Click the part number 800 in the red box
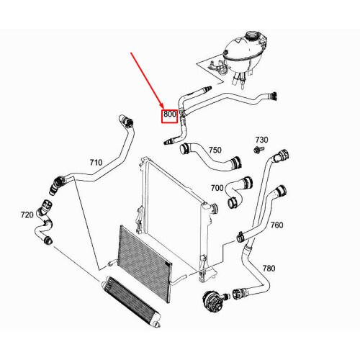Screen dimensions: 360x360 pyautogui.click(x=170, y=114)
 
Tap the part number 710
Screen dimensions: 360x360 pyautogui.click(x=96, y=163)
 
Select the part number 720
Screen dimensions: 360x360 pyautogui.click(x=27, y=215)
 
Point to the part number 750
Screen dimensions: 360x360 pyautogui.click(x=215, y=150)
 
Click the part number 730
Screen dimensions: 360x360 pyautogui.click(x=261, y=140)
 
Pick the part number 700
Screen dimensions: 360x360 pyautogui.click(x=217, y=188)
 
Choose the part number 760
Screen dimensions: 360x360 pyautogui.click(x=276, y=225)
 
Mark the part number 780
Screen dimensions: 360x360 pyautogui.click(x=269, y=268)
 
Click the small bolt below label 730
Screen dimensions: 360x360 pyautogui.click(x=258, y=150)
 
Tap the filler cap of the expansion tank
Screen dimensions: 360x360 pyautogui.click(x=252, y=35)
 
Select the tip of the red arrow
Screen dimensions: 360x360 pyautogui.click(x=163, y=109)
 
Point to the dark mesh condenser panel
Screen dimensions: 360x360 pyautogui.click(x=145, y=264)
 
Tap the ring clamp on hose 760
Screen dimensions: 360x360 pyautogui.click(x=240, y=237)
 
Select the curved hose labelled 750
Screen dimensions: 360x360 pyautogui.click(x=210, y=156)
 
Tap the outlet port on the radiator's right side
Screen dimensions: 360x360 pyautogui.click(x=215, y=208)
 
